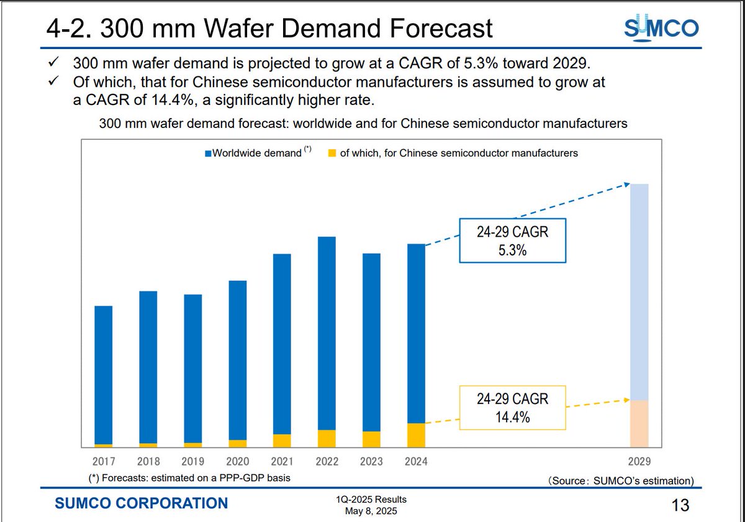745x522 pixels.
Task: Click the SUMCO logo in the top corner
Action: (661, 28)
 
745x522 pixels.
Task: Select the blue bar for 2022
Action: (327, 332)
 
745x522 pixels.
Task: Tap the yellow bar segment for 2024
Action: (416, 434)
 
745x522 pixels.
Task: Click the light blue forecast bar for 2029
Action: (639, 292)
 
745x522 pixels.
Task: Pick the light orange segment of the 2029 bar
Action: (639, 423)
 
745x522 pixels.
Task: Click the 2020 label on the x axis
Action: (237, 462)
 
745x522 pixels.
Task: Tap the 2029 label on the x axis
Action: (639, 462)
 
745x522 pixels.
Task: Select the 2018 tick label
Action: (148, 462)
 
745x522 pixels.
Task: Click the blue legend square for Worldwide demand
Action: (209, 153)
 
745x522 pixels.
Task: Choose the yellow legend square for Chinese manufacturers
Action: (332, 153)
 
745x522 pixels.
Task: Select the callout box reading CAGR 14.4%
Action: (512, 408)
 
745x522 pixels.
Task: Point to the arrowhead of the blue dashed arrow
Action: (627, 184)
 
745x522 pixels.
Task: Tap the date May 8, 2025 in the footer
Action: (371, 511)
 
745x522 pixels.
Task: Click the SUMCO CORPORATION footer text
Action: (142, 503)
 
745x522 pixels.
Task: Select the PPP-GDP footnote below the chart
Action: (190, 477)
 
